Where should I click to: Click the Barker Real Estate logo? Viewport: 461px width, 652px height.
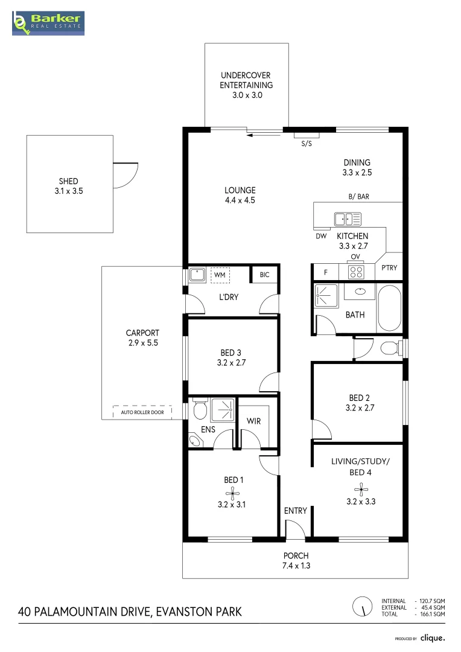coord(49,22)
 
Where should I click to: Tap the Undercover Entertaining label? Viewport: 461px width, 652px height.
coord(246,85)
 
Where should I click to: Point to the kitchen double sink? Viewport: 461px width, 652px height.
coord(348,219)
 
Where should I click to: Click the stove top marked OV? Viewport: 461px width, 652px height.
coord(356,272)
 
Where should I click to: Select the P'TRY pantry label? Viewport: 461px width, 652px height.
coord(389,267)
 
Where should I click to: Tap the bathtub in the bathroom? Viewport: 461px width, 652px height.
coord(389,307)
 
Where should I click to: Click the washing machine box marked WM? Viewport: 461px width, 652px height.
coord(220,275)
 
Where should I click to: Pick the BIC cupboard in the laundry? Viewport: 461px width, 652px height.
coord(264,275)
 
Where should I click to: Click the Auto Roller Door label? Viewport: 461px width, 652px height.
coord(142,412)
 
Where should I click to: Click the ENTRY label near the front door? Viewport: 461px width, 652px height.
coord(296,511)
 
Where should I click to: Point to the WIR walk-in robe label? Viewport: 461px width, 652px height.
coord(254,421)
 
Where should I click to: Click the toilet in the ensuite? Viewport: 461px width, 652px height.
coord(199,411)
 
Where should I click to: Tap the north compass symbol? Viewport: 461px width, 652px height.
coord(362,606)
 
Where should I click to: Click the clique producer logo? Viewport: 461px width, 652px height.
coord(433,638)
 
